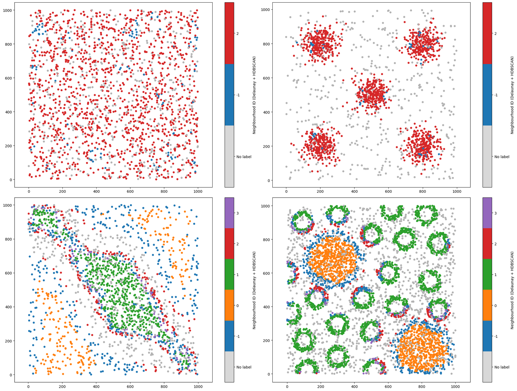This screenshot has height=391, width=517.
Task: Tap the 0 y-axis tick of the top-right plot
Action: click(x=268, y=180)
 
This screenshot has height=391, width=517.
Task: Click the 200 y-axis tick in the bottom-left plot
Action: click(x=9, y=341)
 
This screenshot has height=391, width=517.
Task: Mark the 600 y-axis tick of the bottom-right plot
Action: click(x=268, y=273)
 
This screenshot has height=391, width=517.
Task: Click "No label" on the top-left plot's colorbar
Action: click(x=244, y=157)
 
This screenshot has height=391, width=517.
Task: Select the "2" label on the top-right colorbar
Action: click(x=496, y=33)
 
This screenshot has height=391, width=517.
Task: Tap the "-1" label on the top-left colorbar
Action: click(x=238, y=95)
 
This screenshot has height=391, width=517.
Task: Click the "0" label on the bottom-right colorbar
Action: click(x=496, y=306)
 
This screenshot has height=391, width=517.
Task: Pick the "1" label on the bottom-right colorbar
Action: click(x=496, y=275)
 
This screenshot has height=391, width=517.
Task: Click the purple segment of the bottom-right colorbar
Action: click(x=487, y=213)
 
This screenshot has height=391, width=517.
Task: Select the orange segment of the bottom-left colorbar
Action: click(x=229, y=305)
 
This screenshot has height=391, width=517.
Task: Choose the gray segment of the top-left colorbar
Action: click(x=229, y=156)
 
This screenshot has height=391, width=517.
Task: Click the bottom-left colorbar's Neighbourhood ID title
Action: click(x=254, y=290)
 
